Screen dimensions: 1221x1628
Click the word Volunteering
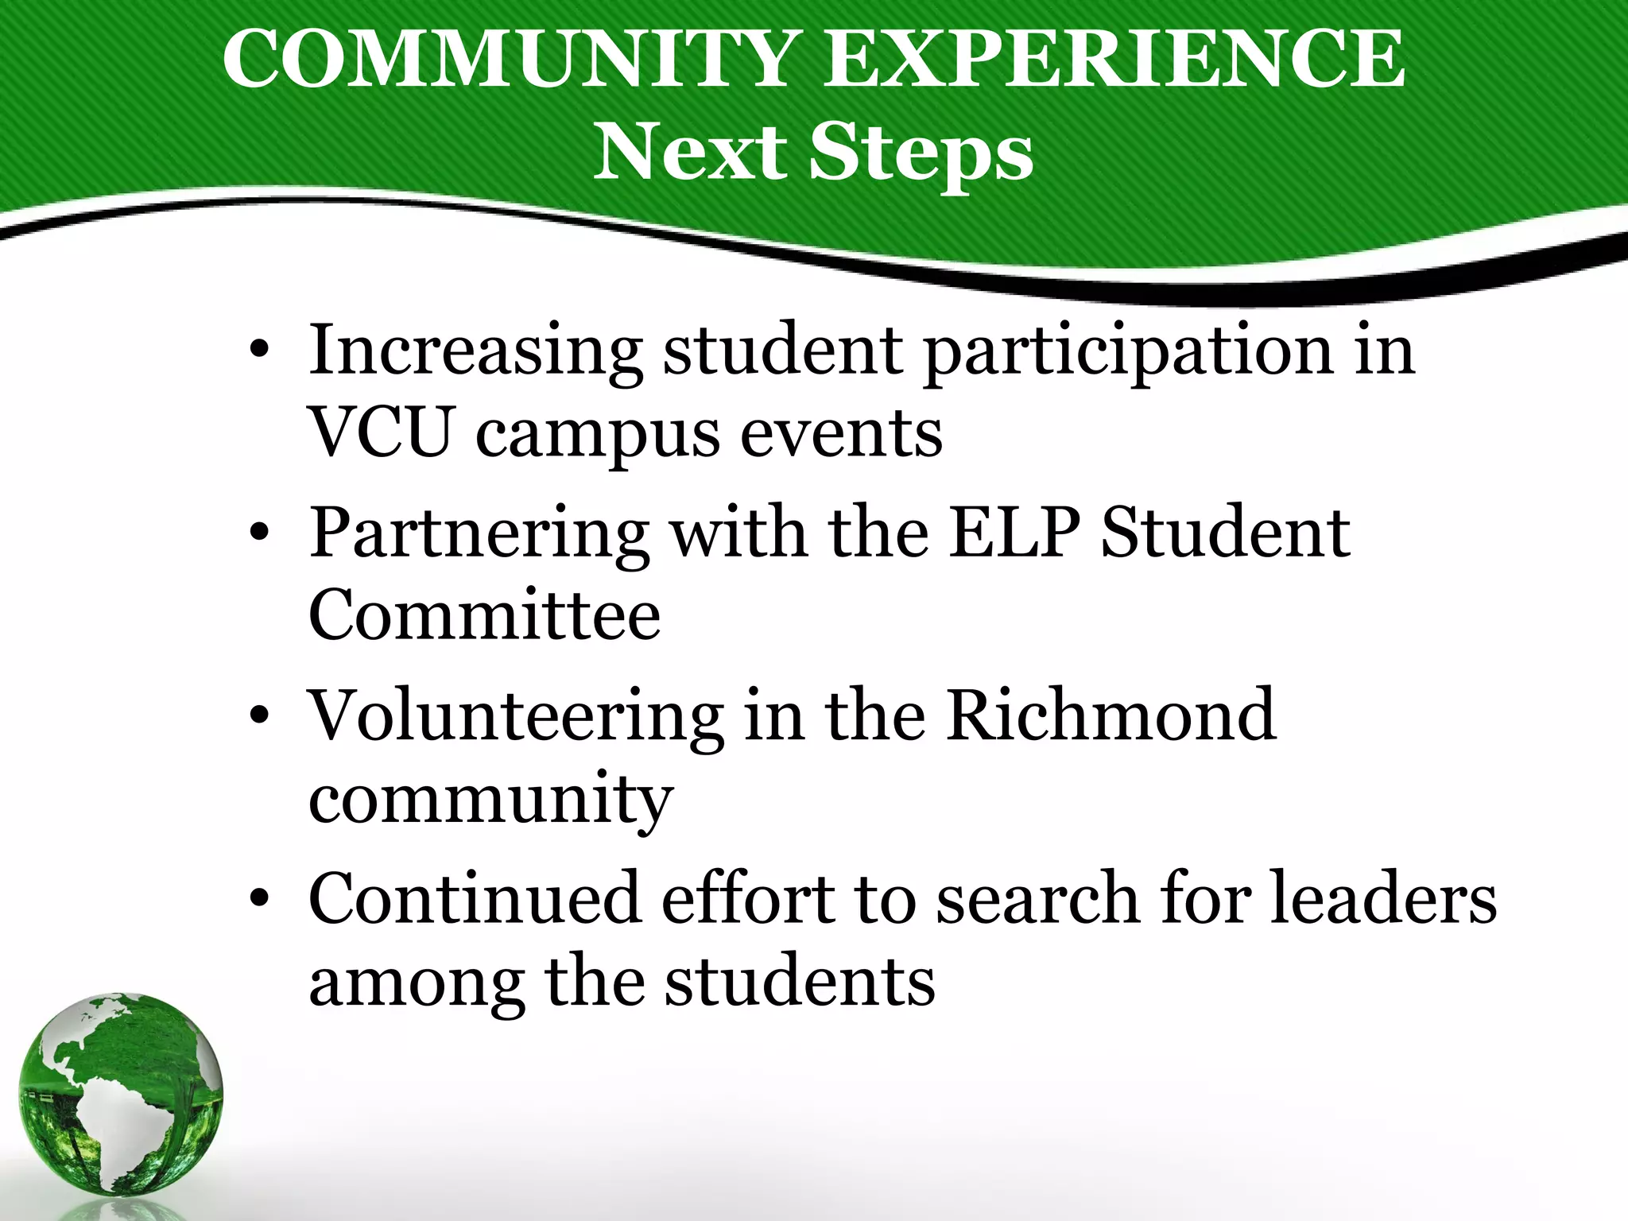tap(515, 718)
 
